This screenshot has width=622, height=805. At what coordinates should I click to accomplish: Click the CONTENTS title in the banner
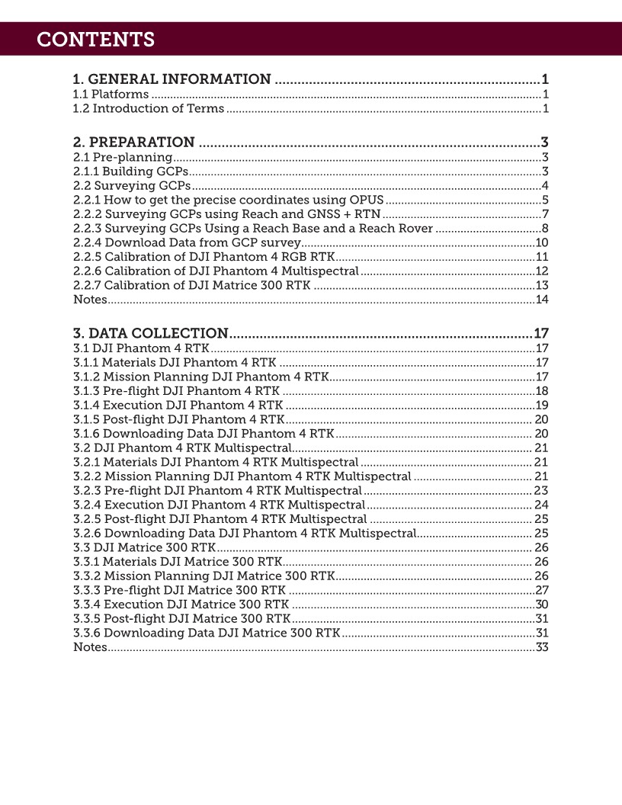point(95,40)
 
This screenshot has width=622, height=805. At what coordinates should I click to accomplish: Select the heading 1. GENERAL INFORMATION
point(172,79)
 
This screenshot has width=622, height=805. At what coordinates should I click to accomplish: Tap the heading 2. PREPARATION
point(133,142)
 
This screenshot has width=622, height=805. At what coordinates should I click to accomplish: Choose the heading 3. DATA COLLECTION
point(150,333)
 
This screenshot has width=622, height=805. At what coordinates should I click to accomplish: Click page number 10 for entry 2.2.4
point(542,242)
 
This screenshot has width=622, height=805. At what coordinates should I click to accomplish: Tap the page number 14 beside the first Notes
point(542,300)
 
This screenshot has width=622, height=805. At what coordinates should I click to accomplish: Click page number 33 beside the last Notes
point(542,647)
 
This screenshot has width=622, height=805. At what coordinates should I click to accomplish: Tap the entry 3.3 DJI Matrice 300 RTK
point(144,547)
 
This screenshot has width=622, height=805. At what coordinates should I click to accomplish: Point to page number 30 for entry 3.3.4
point(542,605)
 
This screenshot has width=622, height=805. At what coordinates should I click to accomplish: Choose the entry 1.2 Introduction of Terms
point(148,109)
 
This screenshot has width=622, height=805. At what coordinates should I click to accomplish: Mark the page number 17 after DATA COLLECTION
point(541,333)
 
